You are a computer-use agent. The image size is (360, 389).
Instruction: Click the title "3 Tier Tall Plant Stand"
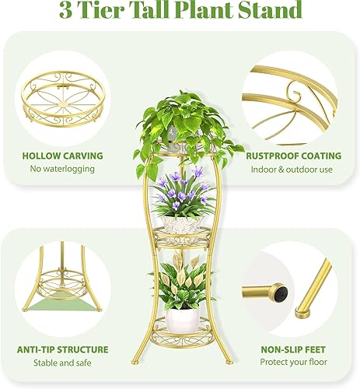pyautogui.click(x=180, y=12)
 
